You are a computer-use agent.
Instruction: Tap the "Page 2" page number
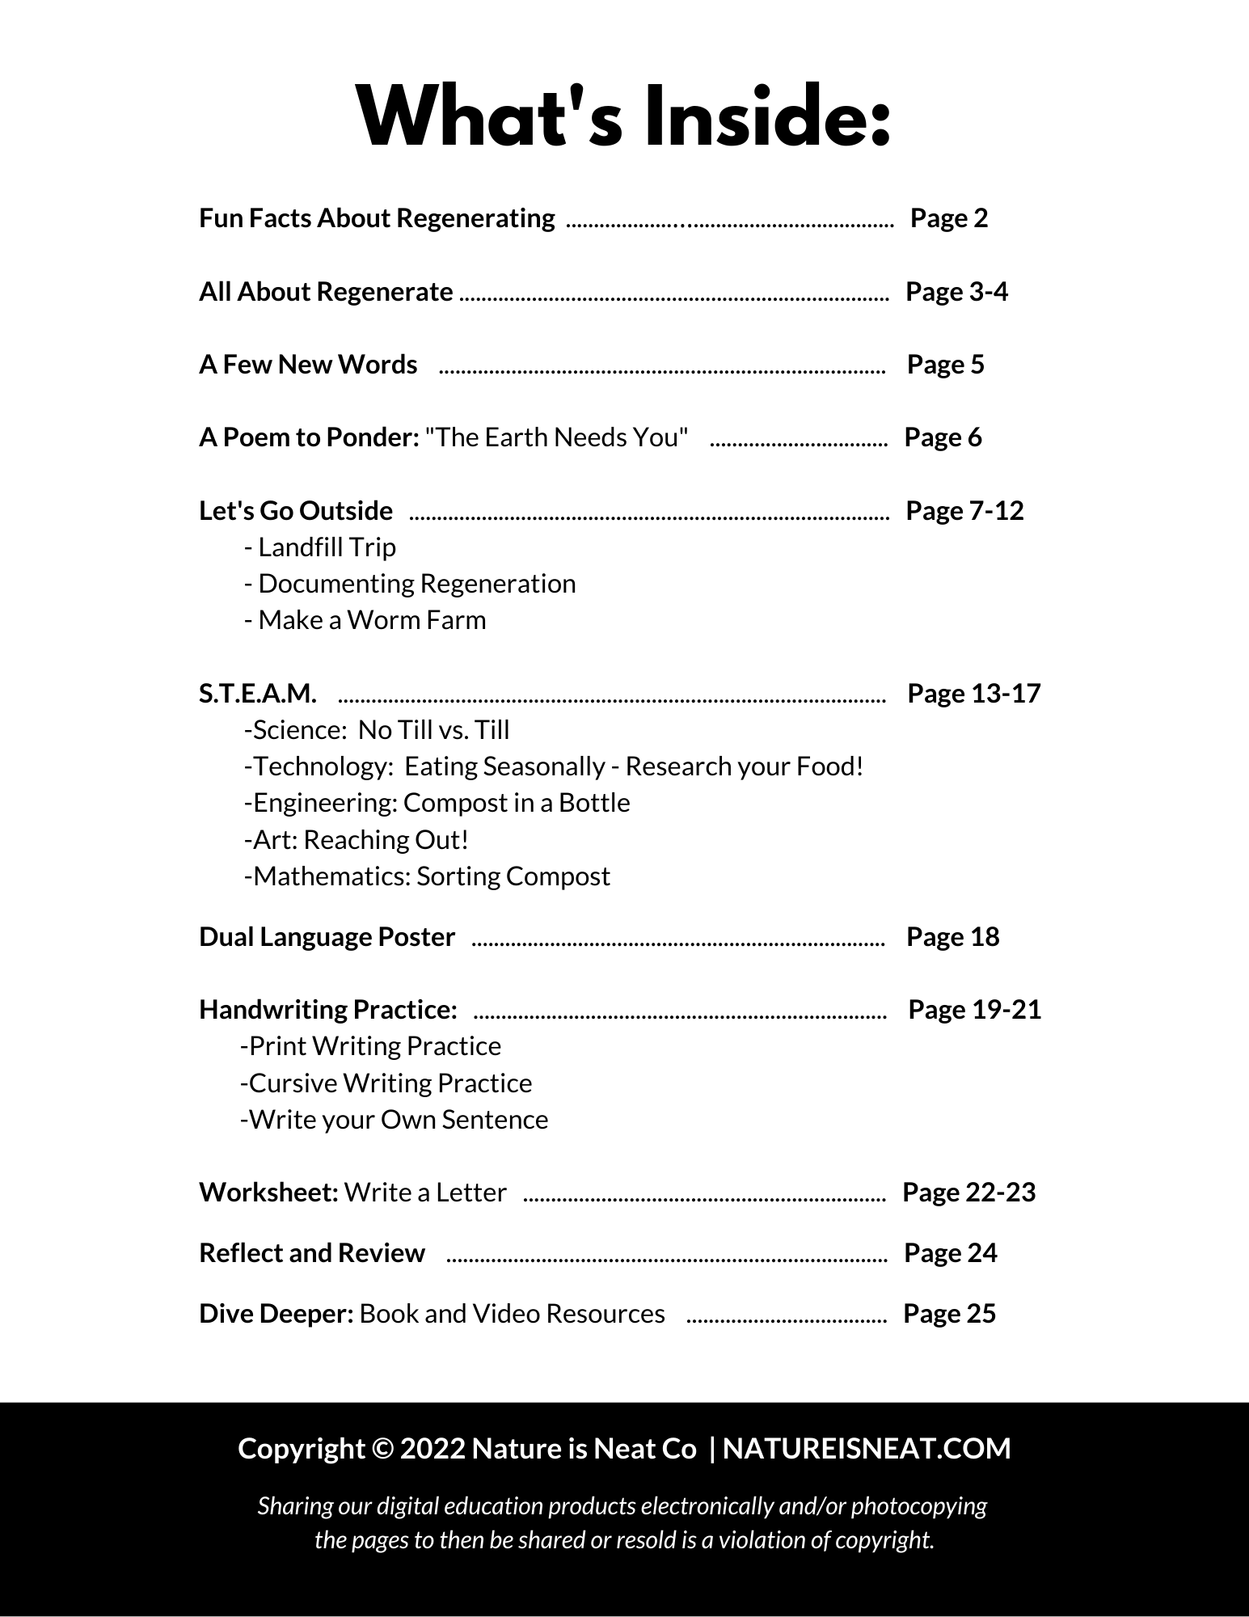click(949, 218)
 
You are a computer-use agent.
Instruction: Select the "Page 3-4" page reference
click(956, 292)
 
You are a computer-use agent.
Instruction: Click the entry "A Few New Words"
click(308, 365)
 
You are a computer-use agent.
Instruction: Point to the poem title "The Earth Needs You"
click(557, 437)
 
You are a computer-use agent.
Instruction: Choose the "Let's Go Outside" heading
click(296, 511)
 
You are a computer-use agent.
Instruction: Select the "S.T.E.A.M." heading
click(258, 694)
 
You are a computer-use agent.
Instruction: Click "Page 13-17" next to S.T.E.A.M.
click(974, 694)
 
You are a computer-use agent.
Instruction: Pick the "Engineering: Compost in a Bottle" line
click(437, 803)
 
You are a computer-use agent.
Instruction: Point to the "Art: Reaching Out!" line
click(356, 840)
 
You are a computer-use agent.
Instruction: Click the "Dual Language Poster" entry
click(327, 937)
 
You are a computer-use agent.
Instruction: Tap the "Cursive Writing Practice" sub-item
click(386, 1083)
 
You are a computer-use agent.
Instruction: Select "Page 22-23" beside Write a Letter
click(968, 1193)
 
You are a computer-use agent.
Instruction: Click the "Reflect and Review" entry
click(311, 1253)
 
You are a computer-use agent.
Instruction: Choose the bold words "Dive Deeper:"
click(276, 1314)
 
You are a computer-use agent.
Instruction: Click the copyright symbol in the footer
click(382, 1449)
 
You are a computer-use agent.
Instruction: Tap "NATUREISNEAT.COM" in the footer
click(867, 1449)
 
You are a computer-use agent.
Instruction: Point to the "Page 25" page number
click(949, 1314)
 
